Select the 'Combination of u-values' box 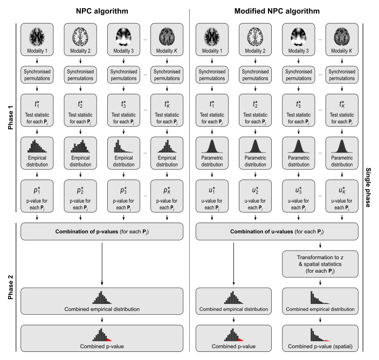[x=277, y=232]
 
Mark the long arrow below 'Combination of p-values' [x=102, y=264]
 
